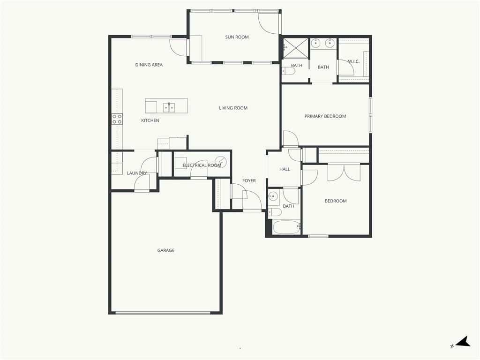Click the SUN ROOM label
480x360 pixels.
[237, 37]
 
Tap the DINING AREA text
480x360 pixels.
[149, 65]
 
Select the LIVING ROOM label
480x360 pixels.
[233, 108]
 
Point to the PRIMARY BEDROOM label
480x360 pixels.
[325, 116]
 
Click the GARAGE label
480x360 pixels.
[166, 250]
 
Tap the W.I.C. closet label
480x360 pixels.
[353, 61]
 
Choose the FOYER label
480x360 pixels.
[249, 180]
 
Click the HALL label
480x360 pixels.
[285, 169]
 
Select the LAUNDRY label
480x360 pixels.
[137, 173]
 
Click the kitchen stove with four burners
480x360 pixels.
[117, 119]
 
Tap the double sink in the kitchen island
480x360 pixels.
[169, 108]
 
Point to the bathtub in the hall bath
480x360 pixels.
[286, 227]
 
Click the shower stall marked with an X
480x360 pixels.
[295, 48]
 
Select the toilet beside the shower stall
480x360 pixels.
[288, 71]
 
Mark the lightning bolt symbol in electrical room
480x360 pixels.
[221, 162]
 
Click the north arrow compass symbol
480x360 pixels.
[463, 342]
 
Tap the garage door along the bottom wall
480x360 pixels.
[163, 313]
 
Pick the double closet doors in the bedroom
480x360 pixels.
[344, 172]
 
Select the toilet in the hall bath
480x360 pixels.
[275, 212]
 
